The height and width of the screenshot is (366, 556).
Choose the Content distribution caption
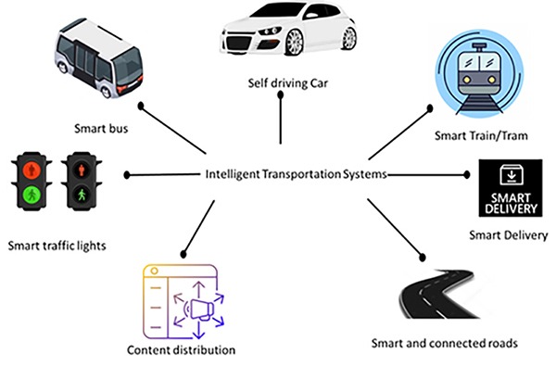pos(181,350)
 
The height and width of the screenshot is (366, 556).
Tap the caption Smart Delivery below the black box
pos(508,234)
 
